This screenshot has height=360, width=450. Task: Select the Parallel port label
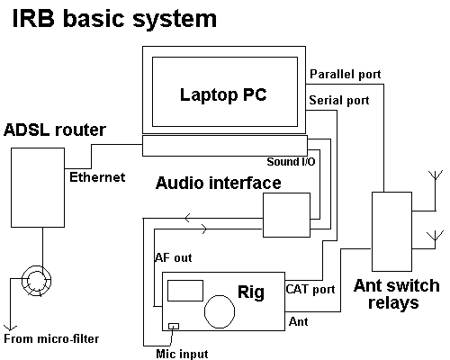click(x=345, y=73)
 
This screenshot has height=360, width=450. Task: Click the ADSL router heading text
click(x=54, y=130)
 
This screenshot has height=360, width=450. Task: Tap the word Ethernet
click(x=96, y=177)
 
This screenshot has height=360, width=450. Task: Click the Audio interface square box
click(x=285, y=217)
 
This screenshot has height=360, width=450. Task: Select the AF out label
click(x=174, y=257)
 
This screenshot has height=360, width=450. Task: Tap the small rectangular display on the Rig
click(x=185, y=290)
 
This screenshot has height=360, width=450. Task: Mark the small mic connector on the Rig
click(x=174, y=325)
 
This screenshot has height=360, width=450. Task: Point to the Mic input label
click(x=182, y=354)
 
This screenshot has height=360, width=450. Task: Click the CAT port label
click(x=310, y=290)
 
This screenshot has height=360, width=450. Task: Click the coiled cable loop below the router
click(x=39, y=282)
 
